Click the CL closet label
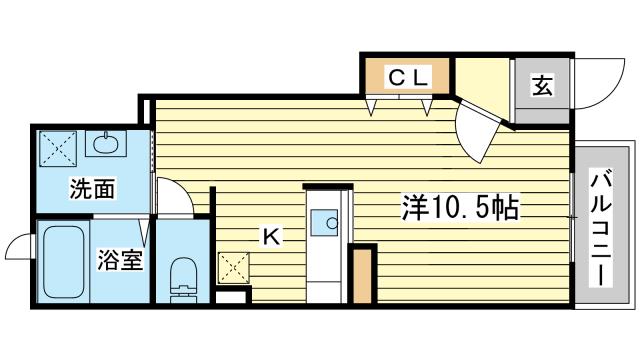(x=407, y=75)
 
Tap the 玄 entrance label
(x=541, y=87)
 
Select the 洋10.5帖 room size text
(x=459, y=208)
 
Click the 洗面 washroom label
(x=91, y=188)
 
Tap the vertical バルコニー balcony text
(x=601, y=228)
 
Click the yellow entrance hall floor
(x=483, y=86)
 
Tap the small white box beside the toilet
(x=230, y=297)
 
